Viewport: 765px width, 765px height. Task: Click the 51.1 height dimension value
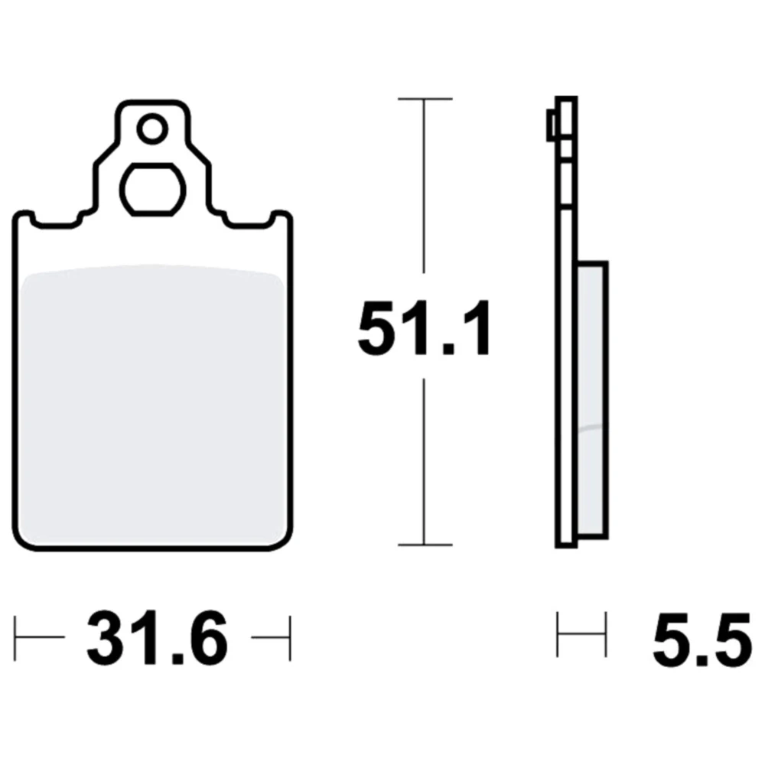pos(424,329)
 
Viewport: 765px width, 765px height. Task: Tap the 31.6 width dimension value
pos(157,638)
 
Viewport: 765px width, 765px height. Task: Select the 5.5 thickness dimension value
pos(702,638)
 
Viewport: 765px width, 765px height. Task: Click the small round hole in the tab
pos(153,129)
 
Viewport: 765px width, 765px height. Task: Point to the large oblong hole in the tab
pos(153,189)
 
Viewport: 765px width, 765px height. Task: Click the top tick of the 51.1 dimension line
pos(425,99)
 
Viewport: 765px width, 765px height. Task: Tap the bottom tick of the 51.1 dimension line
pos(425,545)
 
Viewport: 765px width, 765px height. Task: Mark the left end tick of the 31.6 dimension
pos(15,638)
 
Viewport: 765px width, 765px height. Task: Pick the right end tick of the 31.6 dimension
pos(290,638)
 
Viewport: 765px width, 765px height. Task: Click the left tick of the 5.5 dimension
pos(557,634)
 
